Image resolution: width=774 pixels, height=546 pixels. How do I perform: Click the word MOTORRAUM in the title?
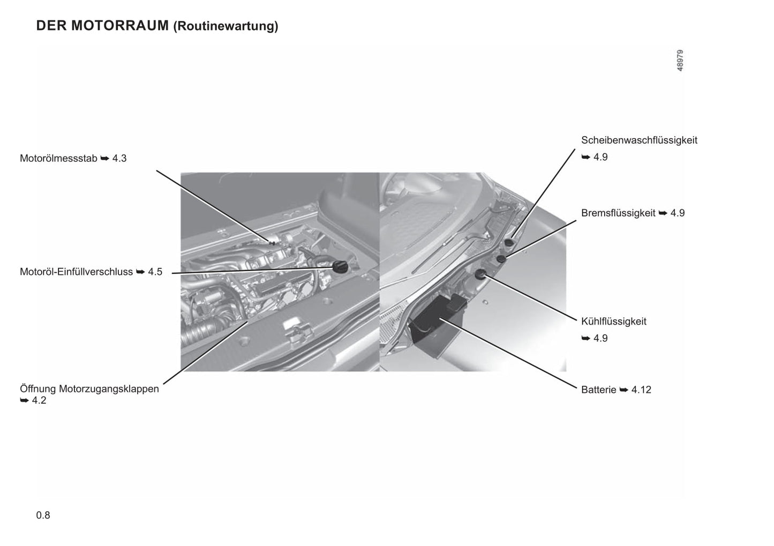[x=120, y=26]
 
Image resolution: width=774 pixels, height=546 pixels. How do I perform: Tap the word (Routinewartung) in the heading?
[x=226, y=26]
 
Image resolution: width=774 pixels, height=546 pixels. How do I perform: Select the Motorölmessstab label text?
[x=58, y=158]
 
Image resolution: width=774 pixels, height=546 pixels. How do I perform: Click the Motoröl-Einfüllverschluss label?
[x=76, y=272]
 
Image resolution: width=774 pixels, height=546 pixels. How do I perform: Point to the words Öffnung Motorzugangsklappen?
[x=89, y=389]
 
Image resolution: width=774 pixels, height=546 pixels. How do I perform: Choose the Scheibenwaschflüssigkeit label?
[x=639, y=140]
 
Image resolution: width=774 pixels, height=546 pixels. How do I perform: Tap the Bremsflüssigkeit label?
[x=618, y=213]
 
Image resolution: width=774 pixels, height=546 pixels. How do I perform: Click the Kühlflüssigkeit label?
[x=614, y=321]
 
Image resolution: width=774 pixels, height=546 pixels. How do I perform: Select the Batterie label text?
[x=598, y=390]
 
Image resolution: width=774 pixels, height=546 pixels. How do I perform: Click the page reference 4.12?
[x=641, y=390]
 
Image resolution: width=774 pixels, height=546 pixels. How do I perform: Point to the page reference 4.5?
[x=155, y=272]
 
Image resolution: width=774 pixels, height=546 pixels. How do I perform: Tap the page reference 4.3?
[x=119, y=158]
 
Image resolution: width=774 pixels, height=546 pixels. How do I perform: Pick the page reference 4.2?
[x=39, y=400]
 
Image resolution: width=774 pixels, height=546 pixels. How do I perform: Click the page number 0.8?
[x=43, y=515]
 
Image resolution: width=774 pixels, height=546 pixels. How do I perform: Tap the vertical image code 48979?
[x=680, y=61]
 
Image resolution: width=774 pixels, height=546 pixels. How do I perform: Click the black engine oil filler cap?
[x=340, y=267]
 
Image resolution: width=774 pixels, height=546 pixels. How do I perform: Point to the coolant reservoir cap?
[x=480, y=275]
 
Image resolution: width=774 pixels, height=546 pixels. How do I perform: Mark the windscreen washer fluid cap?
[x=509, y=242]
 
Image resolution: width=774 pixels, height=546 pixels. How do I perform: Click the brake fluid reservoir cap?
[x=501, y=258]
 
